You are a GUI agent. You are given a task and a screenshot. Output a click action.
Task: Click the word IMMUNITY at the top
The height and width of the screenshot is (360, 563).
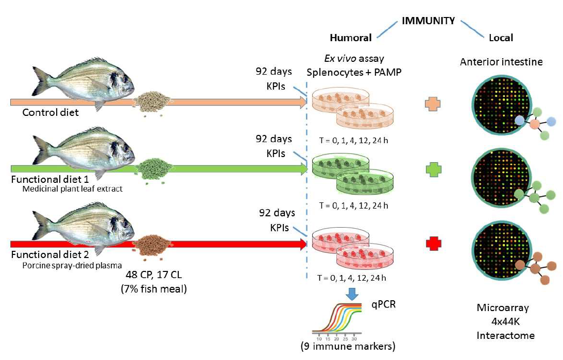[x=429, y=21]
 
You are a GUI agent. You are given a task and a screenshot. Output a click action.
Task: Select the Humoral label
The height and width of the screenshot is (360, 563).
[x=350, y=38]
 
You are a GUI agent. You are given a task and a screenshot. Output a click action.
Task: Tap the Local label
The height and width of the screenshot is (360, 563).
[x=501, y=38]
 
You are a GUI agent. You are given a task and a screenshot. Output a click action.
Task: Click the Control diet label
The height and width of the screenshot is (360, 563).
[x=50, y=112]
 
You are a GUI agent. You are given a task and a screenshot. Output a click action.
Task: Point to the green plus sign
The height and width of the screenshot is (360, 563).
[x=433, y=169]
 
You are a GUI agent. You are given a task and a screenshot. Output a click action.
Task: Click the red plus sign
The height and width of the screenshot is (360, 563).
[x=433, y=244]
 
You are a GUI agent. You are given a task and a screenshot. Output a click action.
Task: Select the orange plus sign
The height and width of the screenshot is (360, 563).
[x=432, y=104]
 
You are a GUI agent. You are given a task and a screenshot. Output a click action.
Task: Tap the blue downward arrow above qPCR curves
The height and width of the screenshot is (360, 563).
[x=352, y=294]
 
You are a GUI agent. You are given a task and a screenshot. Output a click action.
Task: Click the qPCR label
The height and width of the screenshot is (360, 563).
[x=383, y=305]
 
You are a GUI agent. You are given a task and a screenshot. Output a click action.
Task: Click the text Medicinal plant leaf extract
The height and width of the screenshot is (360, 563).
[x=72, y=189]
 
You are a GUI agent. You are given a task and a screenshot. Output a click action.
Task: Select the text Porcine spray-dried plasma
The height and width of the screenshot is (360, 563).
[x=72, y=266]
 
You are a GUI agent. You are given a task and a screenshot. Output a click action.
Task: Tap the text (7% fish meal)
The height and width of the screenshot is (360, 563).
[x=153, y=289]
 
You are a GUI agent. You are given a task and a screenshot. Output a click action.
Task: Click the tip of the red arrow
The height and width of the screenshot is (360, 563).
[x=307, y=244]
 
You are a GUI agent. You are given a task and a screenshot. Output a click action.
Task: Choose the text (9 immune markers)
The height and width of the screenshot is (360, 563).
[x=348, y=347]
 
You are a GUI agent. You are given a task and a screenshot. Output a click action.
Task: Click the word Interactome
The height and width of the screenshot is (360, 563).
[x=505, y=336]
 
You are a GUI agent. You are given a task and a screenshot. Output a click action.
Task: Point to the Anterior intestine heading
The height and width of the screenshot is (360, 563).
[x=501, y=62]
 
